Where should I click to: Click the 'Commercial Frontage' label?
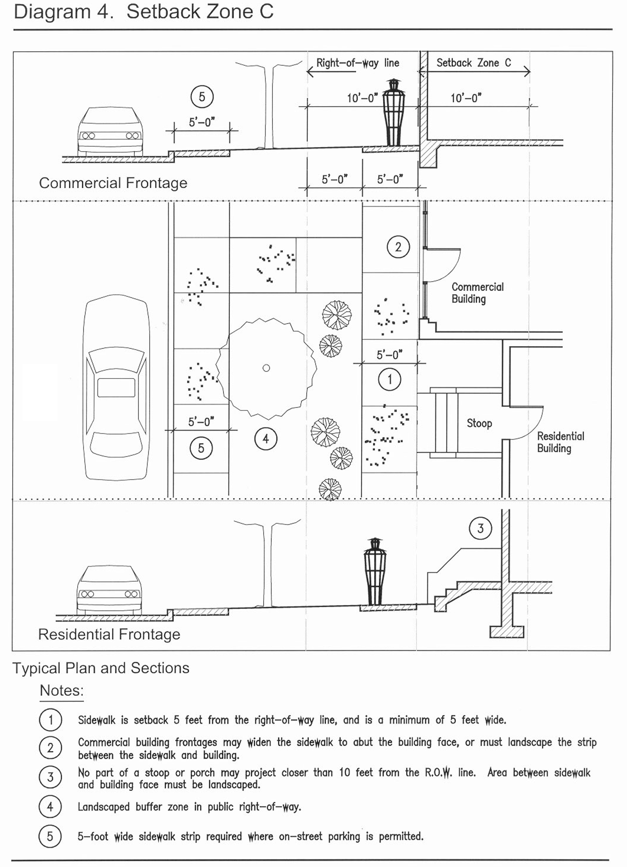(113, 183)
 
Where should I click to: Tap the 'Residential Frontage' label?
(109, 635)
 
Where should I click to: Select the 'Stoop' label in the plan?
(479, 423)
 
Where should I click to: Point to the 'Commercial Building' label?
(478, 293)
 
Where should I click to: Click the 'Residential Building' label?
(561, 442)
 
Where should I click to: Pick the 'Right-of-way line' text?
(358, 63)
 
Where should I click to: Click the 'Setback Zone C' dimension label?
(473, 63)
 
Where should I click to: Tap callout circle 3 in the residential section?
(480, 528)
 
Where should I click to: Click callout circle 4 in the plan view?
(266, 439)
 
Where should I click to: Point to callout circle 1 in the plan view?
(390, 380)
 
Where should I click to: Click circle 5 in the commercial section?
(202, 96)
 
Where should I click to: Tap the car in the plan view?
(116, 389)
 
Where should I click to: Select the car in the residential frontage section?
(109, 590)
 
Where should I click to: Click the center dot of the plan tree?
(266, 368)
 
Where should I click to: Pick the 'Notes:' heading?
(61, 690)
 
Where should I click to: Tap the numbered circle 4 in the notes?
(50, 807)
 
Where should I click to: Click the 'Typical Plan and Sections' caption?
(101, 668)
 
